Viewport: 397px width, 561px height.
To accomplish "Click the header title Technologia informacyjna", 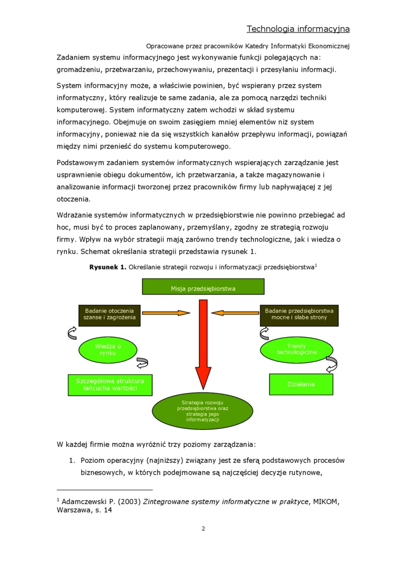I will coord(298,29).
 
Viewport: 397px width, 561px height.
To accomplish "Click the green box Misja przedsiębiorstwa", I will coord(203,288).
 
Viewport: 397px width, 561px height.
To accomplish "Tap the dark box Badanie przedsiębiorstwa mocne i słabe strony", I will coord(299,315).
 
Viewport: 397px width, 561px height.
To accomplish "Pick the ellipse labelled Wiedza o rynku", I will coord(108,350).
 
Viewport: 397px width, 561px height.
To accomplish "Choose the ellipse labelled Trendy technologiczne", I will coord(297,350).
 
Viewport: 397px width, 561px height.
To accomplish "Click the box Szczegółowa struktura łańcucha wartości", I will coord(110,385).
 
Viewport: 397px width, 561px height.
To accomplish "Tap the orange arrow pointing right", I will coord(167,313).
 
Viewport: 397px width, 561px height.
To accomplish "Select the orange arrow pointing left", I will coord(236,313).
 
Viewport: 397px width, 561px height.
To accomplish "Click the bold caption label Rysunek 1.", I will coord(108,267).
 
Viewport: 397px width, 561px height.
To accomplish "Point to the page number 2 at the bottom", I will coord(203,529).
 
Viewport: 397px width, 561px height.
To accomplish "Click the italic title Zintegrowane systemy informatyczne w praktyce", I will coord(225,502).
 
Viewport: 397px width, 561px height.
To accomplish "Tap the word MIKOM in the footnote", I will coord(325,502).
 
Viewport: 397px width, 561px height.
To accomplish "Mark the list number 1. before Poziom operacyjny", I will coord(73,461).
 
